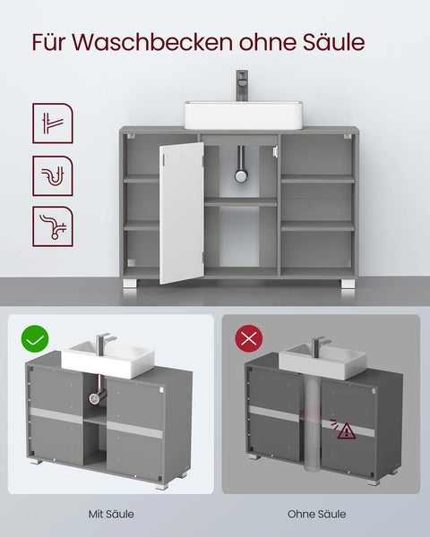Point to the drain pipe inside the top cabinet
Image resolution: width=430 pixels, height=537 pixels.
241,166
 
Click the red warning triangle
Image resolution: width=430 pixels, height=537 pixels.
347,430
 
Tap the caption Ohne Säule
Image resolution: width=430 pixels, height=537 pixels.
317,515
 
